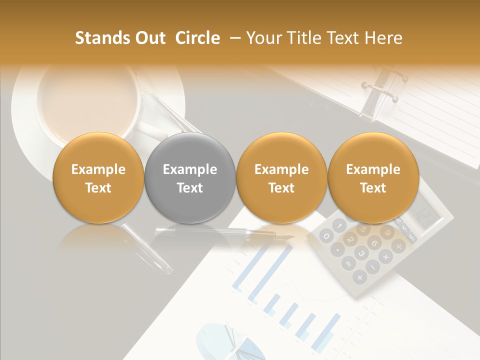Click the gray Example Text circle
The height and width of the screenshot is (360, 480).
(189, 178)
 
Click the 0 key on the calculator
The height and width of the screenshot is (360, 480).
(326, 236)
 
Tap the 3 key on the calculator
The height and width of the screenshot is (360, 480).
(361, 253)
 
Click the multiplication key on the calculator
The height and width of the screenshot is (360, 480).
(386, 257)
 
